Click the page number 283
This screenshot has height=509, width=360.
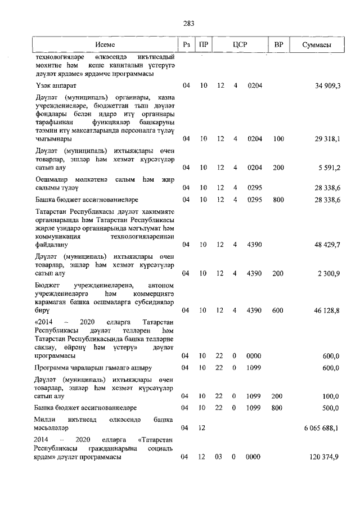pyautogui.click(x=188, y=23)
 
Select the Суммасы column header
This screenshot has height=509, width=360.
pyautogui.click(x=316, y=44)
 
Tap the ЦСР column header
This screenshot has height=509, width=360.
pyautogui.click(x=240, y=44)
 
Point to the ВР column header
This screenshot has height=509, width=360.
pyautogui.click(x=278, y=44)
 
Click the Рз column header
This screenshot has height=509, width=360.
pyautogui.click(x=186, y=44)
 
